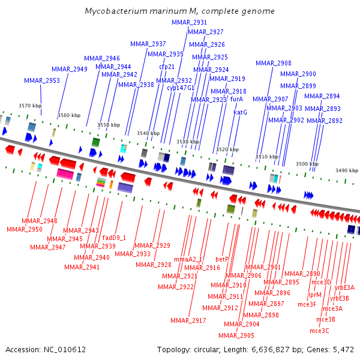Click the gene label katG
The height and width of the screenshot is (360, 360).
coord(240,112)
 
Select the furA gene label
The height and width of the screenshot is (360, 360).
coord(236,99)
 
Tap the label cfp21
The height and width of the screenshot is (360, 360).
coord(167,67)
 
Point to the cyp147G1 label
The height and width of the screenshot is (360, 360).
coord(181,88)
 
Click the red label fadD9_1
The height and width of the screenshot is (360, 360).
coord(114,238)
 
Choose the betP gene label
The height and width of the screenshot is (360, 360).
coord(222,259)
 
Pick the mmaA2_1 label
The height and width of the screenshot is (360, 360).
coord(188,259)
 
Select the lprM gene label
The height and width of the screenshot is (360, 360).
coord(314,295)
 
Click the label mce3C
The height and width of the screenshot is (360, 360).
coord(319,331)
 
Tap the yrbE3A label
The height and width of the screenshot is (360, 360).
coord(344,287)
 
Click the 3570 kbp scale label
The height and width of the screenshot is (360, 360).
coord(30,106)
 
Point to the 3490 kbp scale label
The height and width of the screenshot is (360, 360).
coord(347,170)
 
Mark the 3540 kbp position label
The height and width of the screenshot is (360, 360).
coord(148,133)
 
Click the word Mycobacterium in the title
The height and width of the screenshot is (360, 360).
coord(116,11)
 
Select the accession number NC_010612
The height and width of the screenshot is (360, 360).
coord(65,350)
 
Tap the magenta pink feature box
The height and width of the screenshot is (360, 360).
coord(65,174)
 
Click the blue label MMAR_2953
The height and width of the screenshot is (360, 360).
coord(42,80)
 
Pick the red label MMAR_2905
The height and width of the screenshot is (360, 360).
coord(236,335)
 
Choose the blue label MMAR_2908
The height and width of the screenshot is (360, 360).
coord(274,63)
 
